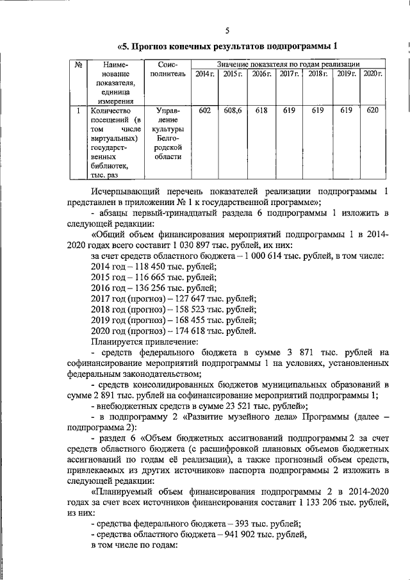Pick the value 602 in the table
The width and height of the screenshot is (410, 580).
204,111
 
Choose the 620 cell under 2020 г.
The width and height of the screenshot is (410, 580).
372,111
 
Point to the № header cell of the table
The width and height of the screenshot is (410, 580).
77,65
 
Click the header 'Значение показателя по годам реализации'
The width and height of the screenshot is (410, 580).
288,65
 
